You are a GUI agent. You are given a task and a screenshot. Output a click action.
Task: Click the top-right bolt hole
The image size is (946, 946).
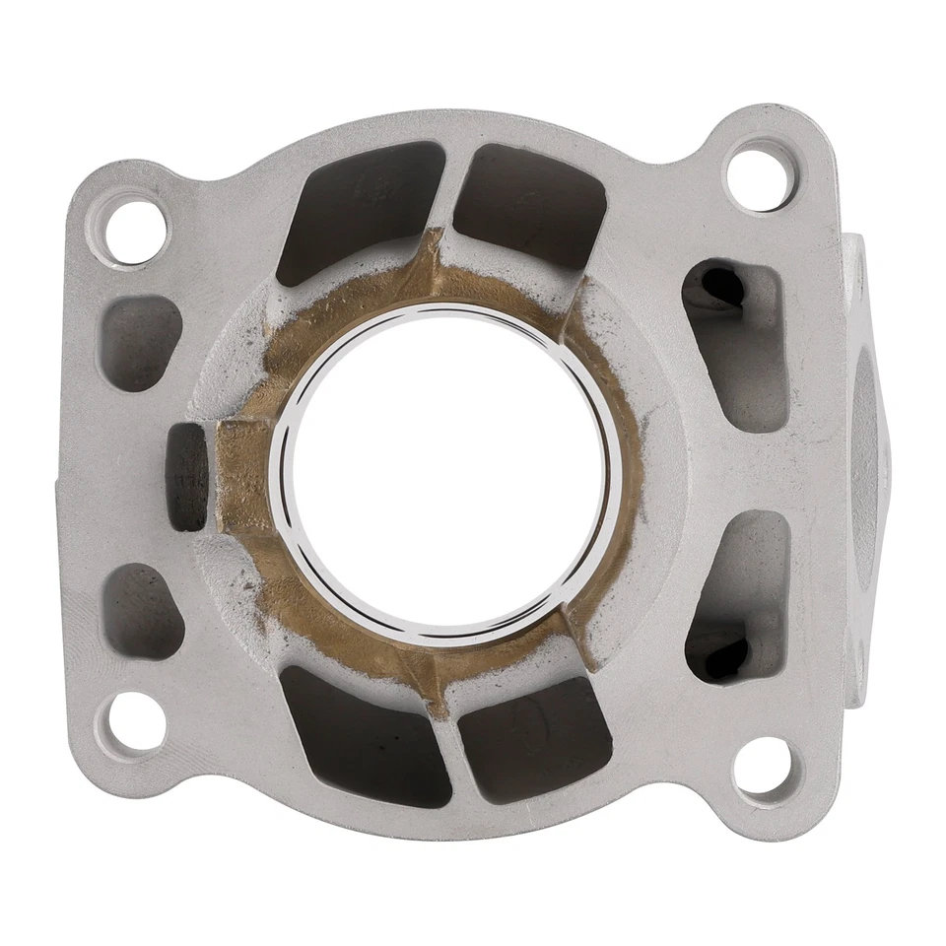759,178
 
